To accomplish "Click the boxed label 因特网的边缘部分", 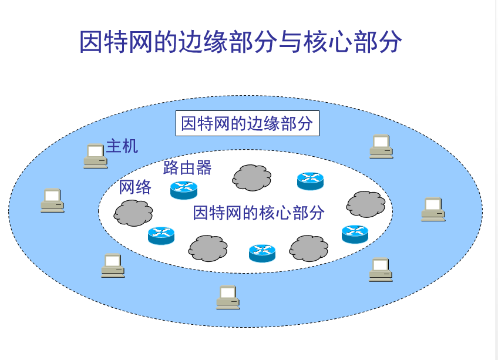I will tap(247, 124).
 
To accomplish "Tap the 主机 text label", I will tap(122, 145).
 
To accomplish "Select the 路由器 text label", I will tap(187, 168).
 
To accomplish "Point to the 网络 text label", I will tap(135, 187).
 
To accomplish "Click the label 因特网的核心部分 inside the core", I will tap(258, 213).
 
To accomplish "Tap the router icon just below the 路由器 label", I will tap(184, 189).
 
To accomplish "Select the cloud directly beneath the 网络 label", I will tap(133, 213).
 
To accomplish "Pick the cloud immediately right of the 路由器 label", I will tap(252, 177).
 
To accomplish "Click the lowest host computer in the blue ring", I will tap(227, 297).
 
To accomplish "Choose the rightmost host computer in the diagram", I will tap(433, 210).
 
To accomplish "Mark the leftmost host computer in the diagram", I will tap(52, 200).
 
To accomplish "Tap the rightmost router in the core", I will tap(355, 234).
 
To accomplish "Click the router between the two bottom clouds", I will tap(262, 253).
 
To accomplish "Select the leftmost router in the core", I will tap(161, 235).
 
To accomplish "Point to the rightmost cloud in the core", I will tap(366, 204).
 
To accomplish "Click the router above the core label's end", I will tap(310, 181).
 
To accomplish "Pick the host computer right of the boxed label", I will tap(381, 147).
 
